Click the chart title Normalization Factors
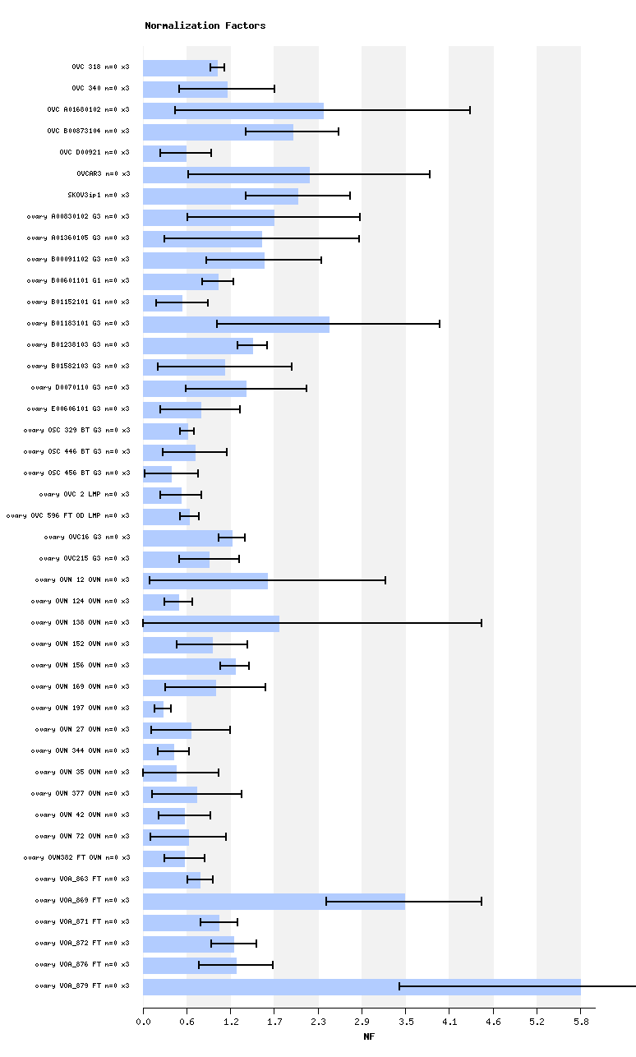205,25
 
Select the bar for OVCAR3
226,174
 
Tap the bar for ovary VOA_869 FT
274,901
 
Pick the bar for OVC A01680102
233,110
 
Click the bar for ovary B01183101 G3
236,324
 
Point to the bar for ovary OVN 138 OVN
211,623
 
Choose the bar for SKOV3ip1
220,196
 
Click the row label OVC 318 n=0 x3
100,67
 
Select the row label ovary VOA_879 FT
82,985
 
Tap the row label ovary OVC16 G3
87,537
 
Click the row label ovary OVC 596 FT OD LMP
67,515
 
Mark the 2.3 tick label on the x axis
318,1022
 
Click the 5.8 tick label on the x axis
581,1022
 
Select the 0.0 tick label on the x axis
143,1022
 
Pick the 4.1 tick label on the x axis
449,1022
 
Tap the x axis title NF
369,1037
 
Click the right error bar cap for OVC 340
274,89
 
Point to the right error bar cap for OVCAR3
430,174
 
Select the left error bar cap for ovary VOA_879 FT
399,986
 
